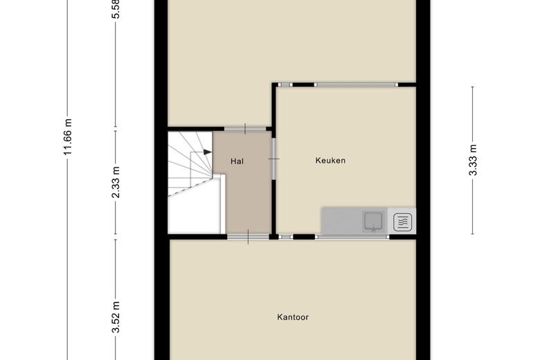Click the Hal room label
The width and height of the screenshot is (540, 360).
pyautogui.click(x=237, y=161)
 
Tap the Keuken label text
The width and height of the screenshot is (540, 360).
pyautogui.click(x=330, y=161)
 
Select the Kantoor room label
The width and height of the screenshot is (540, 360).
pyautogui.click(x=293, y=317)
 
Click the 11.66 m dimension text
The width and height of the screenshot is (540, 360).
pyautogui.click(x=68, y=137)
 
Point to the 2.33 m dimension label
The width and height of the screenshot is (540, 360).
pyautogui.click(x=116, y=182)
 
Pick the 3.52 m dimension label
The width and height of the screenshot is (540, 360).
pyautogui.click(x=116, y=317)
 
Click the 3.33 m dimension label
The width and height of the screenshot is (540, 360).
pyautogui.click(x=473, y=160)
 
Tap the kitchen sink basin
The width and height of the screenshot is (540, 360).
pyautogui.click(x=373, y=221)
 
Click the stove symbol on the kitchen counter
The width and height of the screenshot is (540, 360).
pyautogui.click(x=403, y=222)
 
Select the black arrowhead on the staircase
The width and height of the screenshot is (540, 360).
pyautogui.click(x=207, y=152)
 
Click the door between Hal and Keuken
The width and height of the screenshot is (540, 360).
pyautogui.click(x=273, y=159)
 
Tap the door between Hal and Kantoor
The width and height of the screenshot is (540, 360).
pyautogui.click(x=248, y=237)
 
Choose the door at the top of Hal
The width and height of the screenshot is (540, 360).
pyautogui.click(x=245, y=129)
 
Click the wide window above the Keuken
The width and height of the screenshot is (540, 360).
pyautogui.click(x=356, y=84)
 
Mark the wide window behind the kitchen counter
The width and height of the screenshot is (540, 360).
pyautogui.click(x=352, y=237)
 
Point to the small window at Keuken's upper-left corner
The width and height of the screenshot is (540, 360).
pyautogui.click(x=285, y=84)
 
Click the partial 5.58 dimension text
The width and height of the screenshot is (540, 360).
pyautogui.click(x=116, y=9)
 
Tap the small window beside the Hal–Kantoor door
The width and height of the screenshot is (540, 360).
pyautogui.click(x=286, y=237)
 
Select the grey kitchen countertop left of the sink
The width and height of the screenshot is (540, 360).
pyautogui.click(x=341, y=221)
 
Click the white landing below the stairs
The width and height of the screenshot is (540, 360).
pyautogui.click(x=195, y=214)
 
